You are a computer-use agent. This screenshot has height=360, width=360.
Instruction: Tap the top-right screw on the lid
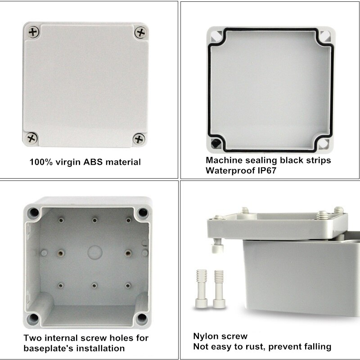coord(141,32)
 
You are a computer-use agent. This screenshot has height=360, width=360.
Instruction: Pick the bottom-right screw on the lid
coord(139,138)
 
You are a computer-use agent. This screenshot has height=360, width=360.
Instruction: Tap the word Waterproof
coord(226,171)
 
